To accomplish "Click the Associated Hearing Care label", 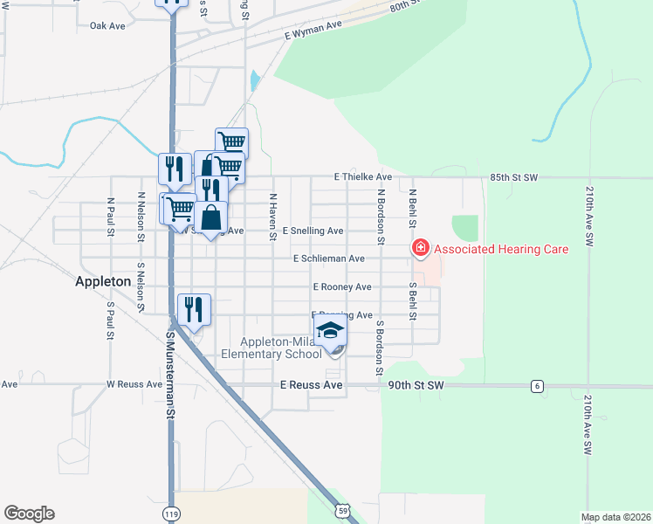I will pos(501,249).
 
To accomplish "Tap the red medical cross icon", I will pos(420,249).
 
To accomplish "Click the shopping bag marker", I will pos(211,217).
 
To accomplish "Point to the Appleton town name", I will pos(103,282).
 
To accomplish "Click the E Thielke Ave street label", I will pos(362,176).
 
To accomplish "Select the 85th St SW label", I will pos(513,177).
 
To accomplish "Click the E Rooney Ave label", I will pos(342,286).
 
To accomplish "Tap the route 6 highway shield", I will pos(537,385).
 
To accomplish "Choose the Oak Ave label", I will pos(108,26).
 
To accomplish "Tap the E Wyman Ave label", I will pos(313,30).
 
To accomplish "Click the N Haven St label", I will pos(273,211).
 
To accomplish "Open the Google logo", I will pos(29,514).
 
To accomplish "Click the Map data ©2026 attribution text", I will pos(615,517).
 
